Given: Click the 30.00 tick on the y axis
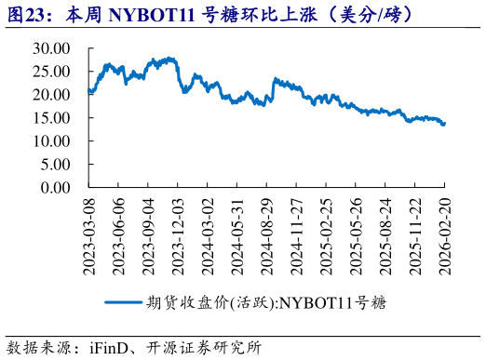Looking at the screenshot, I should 53,47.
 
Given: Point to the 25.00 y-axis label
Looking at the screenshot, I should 53,71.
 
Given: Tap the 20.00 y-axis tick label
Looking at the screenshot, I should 53,94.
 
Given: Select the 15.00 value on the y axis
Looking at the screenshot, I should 53,117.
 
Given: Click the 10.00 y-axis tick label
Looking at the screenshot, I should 53,140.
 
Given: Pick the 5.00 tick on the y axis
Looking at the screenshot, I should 57,164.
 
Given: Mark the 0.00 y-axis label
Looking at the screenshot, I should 57,187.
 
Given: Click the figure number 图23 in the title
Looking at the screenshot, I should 26,15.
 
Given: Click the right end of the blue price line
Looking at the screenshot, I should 444,123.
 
